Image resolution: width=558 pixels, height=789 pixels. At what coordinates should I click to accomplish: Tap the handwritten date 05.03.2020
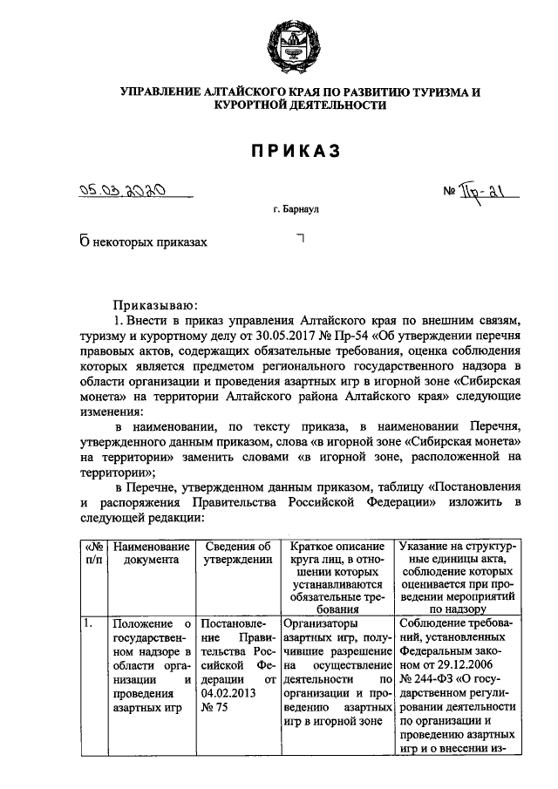pyautogui.click(x=123, y=190)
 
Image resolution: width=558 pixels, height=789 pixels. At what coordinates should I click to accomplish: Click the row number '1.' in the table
pyautogui.click(x=88, y=623)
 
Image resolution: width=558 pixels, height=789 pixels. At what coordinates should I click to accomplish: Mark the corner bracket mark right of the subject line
pyautogui.click(x=301, y=238)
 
